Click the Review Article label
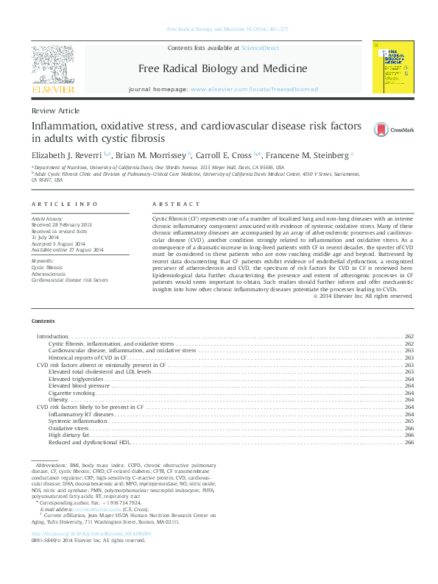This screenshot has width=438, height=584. (56, 110)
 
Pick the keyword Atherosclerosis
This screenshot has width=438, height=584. (48, 274)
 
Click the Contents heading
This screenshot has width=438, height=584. (43, 322)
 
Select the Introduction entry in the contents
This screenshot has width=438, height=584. (53, 336)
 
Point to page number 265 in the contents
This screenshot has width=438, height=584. (409, 421)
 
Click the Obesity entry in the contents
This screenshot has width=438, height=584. (58, 399)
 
